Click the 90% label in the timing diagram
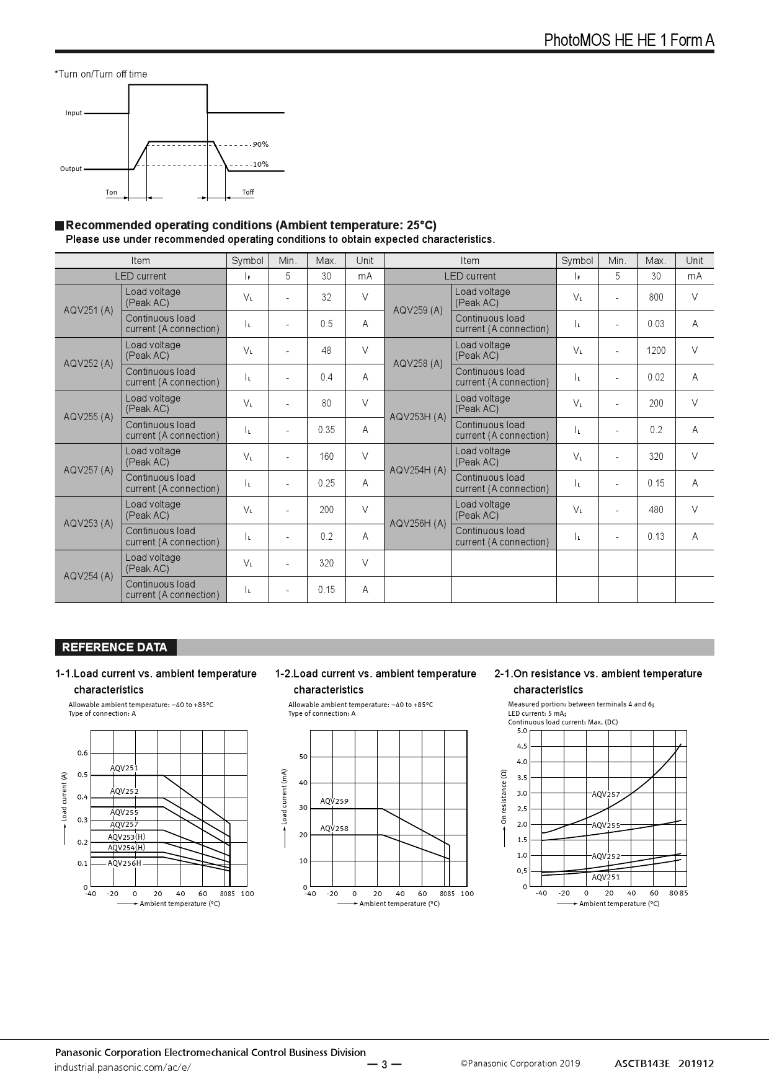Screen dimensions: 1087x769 tap(260, 144)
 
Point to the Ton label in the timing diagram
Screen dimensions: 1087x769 tap(112, 192)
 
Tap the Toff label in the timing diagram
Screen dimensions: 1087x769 tap(248, 192)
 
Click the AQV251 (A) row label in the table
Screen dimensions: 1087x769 tap(88, 310)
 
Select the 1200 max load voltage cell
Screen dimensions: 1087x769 tap(656, 351)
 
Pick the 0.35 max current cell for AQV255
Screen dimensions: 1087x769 tap(326, 430)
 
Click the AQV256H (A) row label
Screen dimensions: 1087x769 tap(418, 523)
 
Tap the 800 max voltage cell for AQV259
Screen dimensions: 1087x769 tap(656, 297)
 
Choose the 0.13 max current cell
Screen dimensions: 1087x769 tap(656, 537)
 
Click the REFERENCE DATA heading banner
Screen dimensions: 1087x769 tap(115, 648)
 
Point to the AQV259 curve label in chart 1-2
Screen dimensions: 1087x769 tap(334, 801)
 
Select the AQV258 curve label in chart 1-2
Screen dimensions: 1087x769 tap(334, 829)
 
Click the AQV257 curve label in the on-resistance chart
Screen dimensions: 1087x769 tap(606, 794)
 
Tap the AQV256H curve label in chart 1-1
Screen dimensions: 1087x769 tap(125, 863)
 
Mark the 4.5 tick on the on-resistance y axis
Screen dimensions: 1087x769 tap(522, 746)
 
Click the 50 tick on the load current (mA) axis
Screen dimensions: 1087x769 tap(303, 757)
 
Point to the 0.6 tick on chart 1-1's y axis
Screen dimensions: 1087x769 tap(82, 753)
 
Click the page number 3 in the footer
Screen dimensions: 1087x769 tap(384, 1065)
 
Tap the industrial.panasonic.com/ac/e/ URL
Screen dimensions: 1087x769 tap(123, 1067)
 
